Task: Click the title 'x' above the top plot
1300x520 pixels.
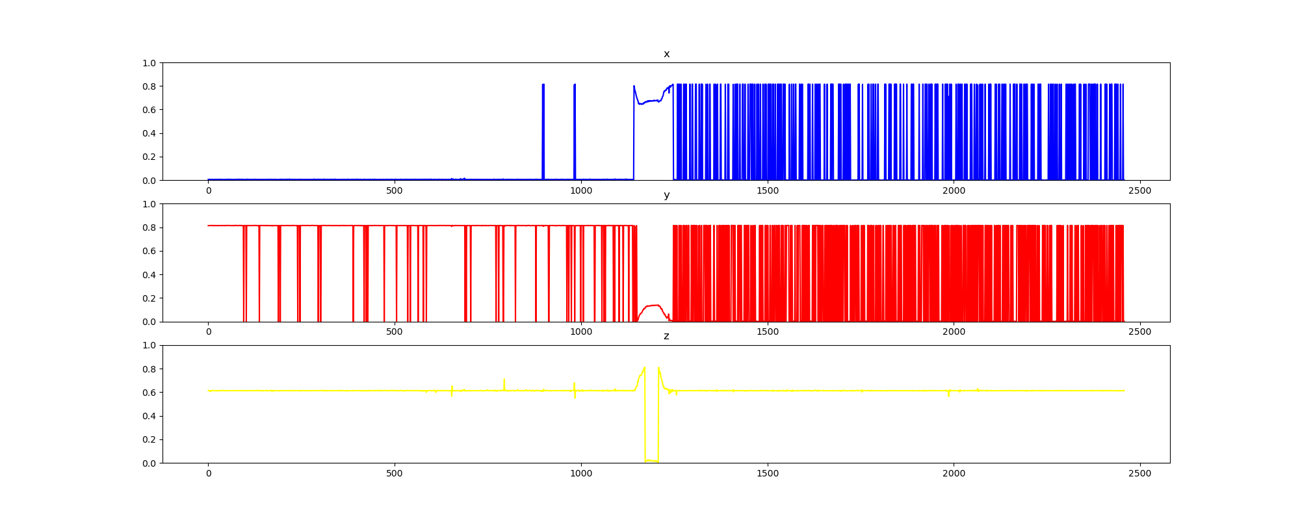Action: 666,54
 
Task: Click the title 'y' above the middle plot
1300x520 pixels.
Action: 666,195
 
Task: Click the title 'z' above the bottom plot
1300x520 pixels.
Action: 666,336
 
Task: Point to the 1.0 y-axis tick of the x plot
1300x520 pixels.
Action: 149,63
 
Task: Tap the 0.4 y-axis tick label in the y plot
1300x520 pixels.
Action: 149,275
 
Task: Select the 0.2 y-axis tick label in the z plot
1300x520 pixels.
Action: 149,439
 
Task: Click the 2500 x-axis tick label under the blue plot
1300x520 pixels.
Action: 1140,190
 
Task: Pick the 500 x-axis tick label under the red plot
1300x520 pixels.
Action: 395,331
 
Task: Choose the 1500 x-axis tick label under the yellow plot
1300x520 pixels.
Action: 768,473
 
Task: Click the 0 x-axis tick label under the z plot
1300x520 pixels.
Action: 208,473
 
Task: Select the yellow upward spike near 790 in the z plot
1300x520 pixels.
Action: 504,383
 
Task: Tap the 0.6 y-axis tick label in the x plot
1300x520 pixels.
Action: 149,110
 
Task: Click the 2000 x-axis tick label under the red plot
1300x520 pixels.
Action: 954,331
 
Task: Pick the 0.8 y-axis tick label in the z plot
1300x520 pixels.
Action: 149,369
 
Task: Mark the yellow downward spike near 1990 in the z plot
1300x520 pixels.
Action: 949,394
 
